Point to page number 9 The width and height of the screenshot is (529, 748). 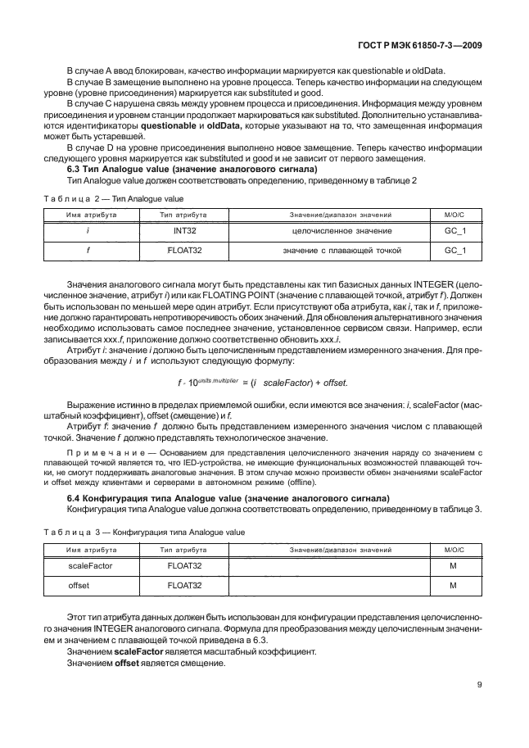coord(479,687)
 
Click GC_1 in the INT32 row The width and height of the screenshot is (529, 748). coord(454,231)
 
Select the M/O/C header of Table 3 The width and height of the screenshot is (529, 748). coord(454,549)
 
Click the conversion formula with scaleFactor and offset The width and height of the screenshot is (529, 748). coord(262,383)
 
